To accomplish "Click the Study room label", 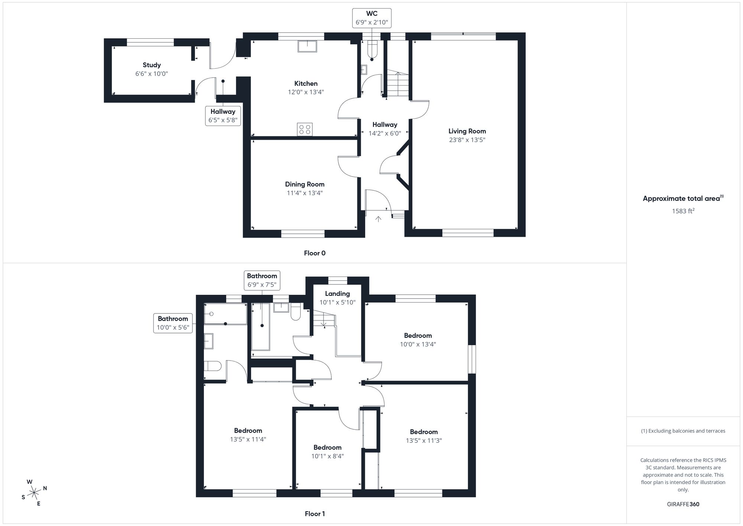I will tap(152, 65).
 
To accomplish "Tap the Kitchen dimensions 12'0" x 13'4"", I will tap(306, 92).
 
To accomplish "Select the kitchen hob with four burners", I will tap(305, 129).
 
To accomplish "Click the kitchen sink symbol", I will tap(307, 46).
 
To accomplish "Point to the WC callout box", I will tap(371, 18).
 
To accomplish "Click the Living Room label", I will tap(467, 131).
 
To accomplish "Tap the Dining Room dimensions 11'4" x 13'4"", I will tap(305, 193).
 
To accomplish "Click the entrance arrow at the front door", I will tap(378, 219).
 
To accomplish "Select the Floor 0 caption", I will tap(315, 253).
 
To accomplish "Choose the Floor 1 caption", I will tap(315, 514).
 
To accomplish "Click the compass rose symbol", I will tap(34, 493).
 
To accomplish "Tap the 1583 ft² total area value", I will tap(683, 211).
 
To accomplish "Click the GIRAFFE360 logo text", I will tap(683, 504).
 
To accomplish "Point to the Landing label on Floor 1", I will tap(337, 294).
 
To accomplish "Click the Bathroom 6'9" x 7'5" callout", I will tap(262, 280).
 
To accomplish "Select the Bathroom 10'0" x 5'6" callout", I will tap(173, 323).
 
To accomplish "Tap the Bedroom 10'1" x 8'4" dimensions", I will tap(327, 456).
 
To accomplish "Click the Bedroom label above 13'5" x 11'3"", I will tap(424, 432).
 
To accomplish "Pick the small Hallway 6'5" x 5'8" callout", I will tap(223, 116).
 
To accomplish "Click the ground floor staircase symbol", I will tap(398, 84).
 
